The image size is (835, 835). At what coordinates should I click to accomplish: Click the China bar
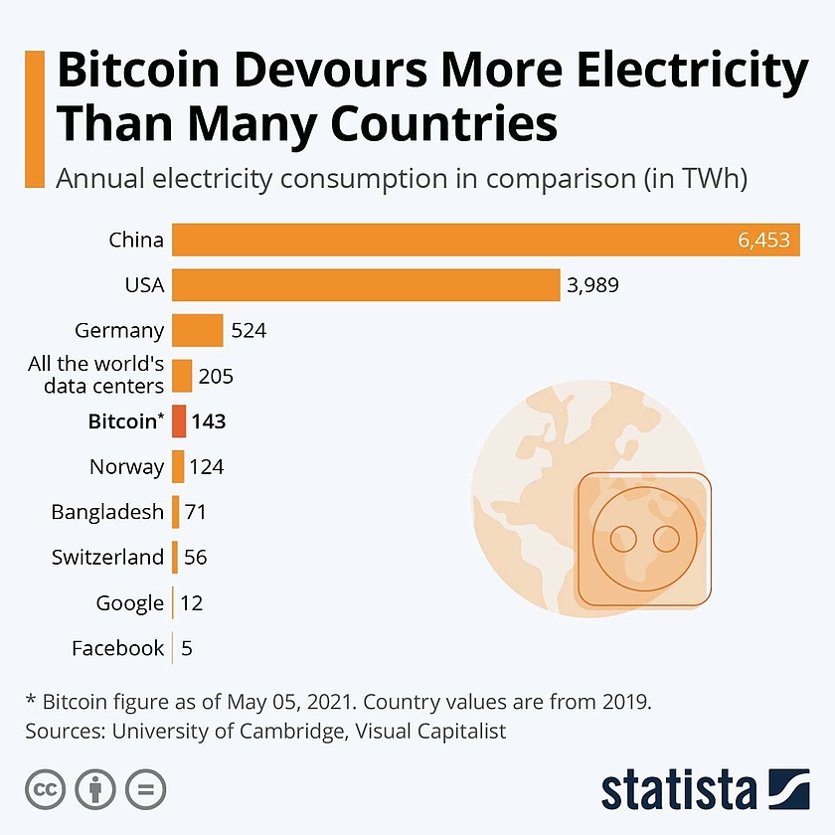click(486, 240)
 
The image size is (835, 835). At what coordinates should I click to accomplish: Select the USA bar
click(366, 285)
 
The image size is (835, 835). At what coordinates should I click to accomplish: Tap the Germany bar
click(197, 330)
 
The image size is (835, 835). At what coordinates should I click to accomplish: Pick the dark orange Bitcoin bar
click(179, 421)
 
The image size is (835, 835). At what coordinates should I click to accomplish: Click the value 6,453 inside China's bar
click(763, 240)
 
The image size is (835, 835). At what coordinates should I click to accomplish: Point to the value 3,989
click(593, 285)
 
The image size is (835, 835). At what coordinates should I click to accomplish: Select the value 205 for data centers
click(216, 376)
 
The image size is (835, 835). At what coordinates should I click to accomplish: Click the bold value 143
click(209, 421)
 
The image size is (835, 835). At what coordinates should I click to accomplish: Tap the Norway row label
click(126, 466)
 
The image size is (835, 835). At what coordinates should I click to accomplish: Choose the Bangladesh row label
click(107, 512)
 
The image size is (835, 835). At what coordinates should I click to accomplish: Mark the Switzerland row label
click(107, 557)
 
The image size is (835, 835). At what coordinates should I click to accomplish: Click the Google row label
click(130, 602)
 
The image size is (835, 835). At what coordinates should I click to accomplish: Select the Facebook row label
click(117, 648)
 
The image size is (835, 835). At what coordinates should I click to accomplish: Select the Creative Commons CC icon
click(44, 789)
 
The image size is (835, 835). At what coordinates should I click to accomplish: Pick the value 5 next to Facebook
click(187, 648)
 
